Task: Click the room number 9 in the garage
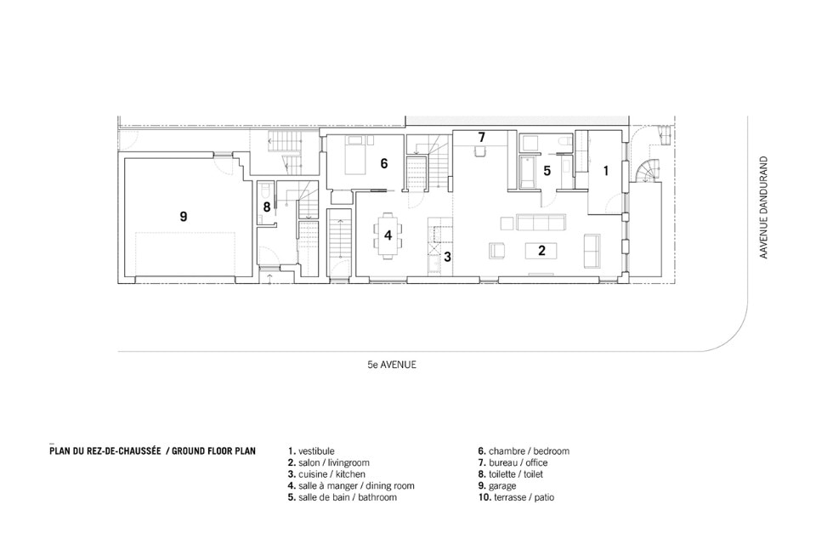184,216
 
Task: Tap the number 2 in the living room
541,251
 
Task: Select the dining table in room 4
388,235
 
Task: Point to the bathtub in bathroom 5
527,173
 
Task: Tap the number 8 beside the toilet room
267,207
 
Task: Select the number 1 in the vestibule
606,170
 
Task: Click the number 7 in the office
481,137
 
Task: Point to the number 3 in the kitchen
447,257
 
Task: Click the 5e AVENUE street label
392,365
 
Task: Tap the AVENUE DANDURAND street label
763,207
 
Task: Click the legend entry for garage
497,485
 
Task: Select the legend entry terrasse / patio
516,497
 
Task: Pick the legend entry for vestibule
311,450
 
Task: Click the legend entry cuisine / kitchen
326,474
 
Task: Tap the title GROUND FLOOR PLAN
213,450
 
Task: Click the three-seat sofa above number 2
541,223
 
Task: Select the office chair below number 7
479,150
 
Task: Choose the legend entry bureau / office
513,462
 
